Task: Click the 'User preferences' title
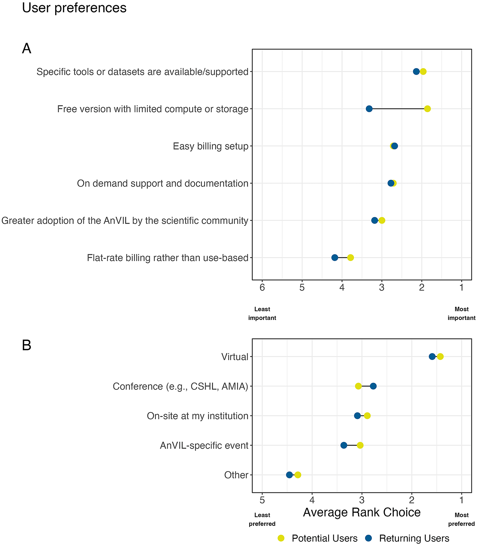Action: click(74, 8)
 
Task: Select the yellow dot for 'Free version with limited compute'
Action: click(427, 109)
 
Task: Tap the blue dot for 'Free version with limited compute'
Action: click(369, 109)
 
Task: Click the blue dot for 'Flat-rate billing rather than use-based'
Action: click(334, 257)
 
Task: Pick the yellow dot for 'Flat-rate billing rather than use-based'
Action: click(351, 257)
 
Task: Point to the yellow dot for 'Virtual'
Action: click(440, 356)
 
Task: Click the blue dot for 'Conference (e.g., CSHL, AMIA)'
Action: click(373, 386)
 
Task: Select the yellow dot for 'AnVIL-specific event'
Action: click(360, 445)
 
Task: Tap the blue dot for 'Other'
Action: click(289, 475)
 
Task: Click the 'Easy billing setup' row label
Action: click(211, 146)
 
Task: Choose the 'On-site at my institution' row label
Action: click(198, 416)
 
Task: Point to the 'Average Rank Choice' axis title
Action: click(362, 512)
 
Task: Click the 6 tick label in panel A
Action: click(262, 288)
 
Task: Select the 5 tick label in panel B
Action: click(262, 500)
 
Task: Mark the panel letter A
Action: click(26, 48)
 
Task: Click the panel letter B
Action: click(26, 345)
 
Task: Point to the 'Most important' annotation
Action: click(461, 313)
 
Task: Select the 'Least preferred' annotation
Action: click(262, 519)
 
